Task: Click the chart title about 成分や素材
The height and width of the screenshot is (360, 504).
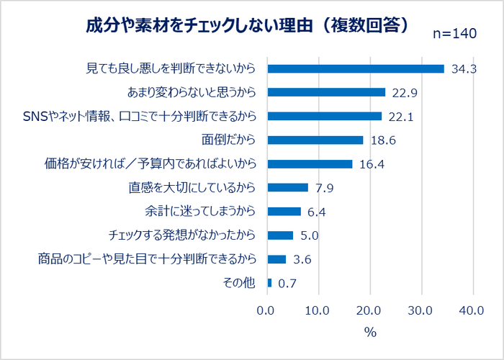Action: point(248,26)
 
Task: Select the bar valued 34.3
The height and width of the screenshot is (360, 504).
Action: point(356,68)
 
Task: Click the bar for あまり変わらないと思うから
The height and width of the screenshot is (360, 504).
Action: point(326,92)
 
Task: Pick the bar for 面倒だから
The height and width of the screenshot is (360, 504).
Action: point(315,140)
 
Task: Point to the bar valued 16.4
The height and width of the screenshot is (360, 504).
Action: point(310,163)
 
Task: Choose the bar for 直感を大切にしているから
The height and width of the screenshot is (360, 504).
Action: point(287,188)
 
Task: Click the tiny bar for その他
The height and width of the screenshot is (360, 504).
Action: point(269,283)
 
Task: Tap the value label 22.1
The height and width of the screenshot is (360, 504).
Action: point(400,117)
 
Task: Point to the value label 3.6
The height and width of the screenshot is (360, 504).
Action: point(302,259)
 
